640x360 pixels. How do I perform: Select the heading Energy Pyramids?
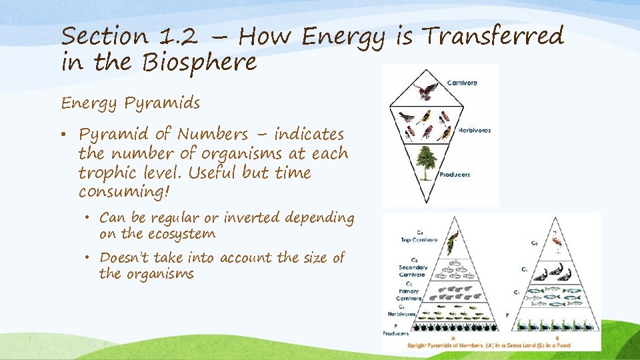(130, 103)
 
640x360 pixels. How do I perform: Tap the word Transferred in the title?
(494, 35)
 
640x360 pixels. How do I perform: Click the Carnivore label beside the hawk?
(462, 83)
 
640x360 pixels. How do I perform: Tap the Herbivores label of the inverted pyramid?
(473, 130)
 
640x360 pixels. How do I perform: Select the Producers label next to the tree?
(455, 175)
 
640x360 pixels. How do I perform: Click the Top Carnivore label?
(419, 236)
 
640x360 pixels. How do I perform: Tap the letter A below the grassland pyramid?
(453, 338)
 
